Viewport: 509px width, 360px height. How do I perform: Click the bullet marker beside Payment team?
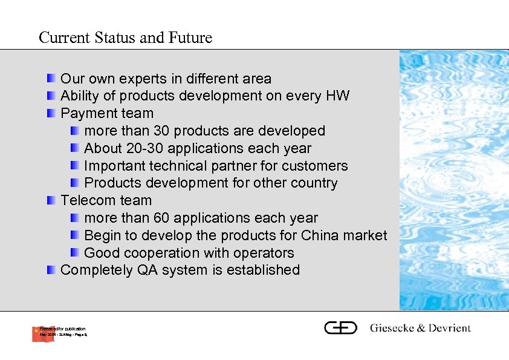(53, 113)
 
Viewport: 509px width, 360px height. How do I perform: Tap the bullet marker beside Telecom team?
(53, 200)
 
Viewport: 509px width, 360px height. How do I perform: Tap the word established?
(263, 270)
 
